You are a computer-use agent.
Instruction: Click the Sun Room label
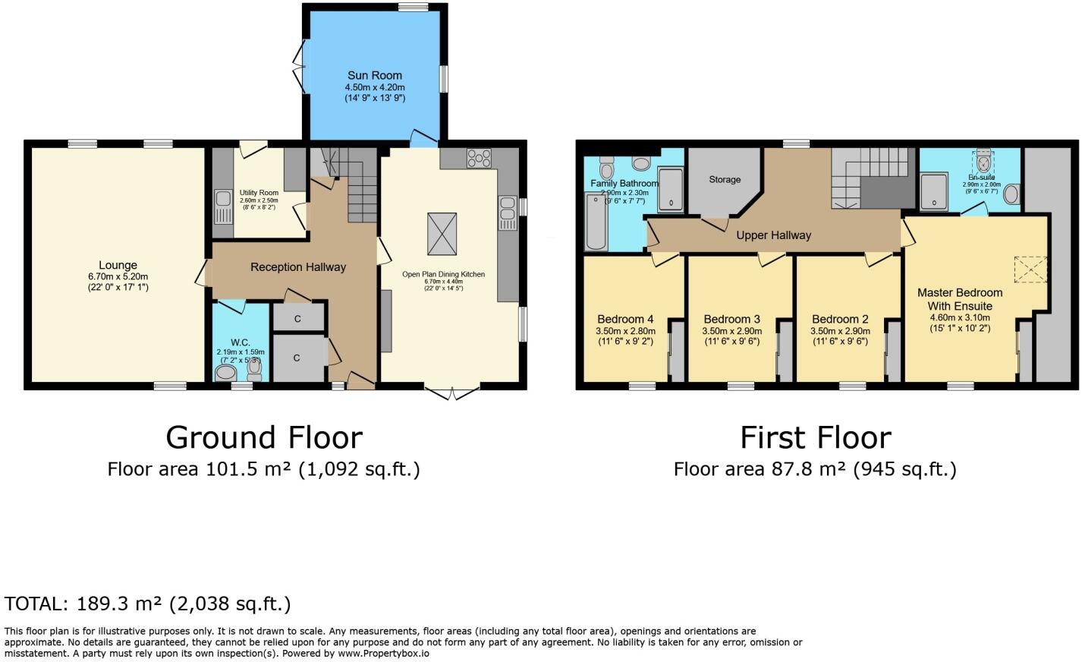click(x=374, y=75)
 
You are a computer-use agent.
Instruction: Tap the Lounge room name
click(x=118, y=265)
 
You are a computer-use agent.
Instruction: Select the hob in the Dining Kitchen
click(x=479, y=158)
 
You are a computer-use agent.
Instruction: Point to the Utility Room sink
click(x=223, y=206)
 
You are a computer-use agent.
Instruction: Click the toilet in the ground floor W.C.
click(x=225, y=373)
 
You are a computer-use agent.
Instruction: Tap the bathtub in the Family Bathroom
click(x=596, y=221)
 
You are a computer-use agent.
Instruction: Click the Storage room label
click(x=724, y=180)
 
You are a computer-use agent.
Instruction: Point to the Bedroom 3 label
click(x=731, y=320)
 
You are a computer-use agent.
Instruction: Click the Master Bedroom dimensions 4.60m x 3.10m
click(x=960, y=318)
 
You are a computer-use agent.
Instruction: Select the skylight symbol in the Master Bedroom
click(x=1030, y=269)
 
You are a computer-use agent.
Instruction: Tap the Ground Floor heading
click(x=263, y=438)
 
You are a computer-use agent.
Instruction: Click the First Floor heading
click(x=815, y=438)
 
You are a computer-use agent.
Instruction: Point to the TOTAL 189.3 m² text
click(x=147, y=604)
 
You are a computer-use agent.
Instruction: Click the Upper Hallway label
click(x=773, y=235)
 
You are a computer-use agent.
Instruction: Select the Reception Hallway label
click(x=297, y=267)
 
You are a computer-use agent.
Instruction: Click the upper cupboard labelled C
click(x=297, y=319)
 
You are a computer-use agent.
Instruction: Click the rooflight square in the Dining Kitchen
click(x=442, y=234)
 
